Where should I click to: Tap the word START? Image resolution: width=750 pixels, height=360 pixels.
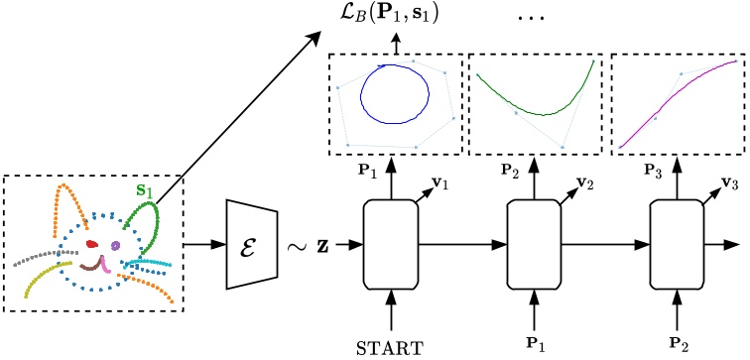pos(393,346)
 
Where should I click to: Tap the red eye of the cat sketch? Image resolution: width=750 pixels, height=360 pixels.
pos(92,242)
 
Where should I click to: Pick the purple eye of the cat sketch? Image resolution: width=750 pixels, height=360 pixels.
pos(116,244)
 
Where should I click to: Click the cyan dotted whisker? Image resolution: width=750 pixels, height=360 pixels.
pos(149,263)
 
